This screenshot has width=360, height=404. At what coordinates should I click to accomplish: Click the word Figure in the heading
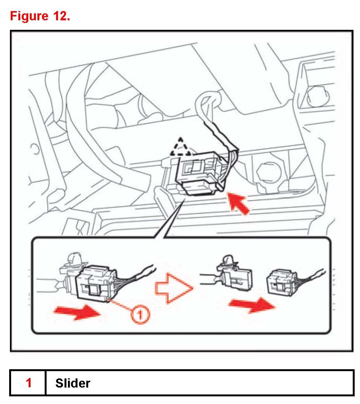click(x=29, y=16)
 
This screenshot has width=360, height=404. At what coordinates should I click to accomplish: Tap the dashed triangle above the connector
click(x=181, y=147)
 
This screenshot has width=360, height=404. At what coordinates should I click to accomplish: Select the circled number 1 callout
click(x=140, y=314)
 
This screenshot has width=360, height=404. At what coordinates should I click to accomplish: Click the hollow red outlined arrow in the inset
click(x=174, y=287)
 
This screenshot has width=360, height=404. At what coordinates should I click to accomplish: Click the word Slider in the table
click(x=73, y=383)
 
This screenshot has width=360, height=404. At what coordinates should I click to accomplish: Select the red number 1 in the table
click(x=29, y=383)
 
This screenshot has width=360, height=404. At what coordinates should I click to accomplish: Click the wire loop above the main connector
click(x=208, y=103)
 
